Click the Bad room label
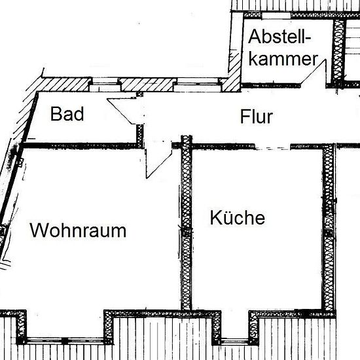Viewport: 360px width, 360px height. click(x=67, y=114)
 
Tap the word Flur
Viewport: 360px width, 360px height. click(x=257, y=117)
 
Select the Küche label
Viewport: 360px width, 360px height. click(x=238, y=217)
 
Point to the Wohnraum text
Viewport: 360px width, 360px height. click(x=78, y=230)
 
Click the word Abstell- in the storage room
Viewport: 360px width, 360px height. click(x=279, y=37)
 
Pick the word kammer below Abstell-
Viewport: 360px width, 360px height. click(x=283, y=58)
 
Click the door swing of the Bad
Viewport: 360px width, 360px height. click(x=122, y=111)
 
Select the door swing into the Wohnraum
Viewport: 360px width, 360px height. click(x=159, y=164)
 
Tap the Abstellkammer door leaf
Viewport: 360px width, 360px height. click(x=314, y=72)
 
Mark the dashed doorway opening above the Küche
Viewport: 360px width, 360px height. click(x=273, y=147)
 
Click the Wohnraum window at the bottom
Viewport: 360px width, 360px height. click(x=65, y=340)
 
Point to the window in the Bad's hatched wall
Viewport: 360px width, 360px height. click(x=105, y=84)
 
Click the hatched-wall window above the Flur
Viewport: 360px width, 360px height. click(x=198, y=84)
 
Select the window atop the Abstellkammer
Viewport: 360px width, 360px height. click(x=276, y=16)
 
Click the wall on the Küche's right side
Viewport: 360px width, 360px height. click(x=329, y=227)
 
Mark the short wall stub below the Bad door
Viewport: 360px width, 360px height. click(x=140, y=136)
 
